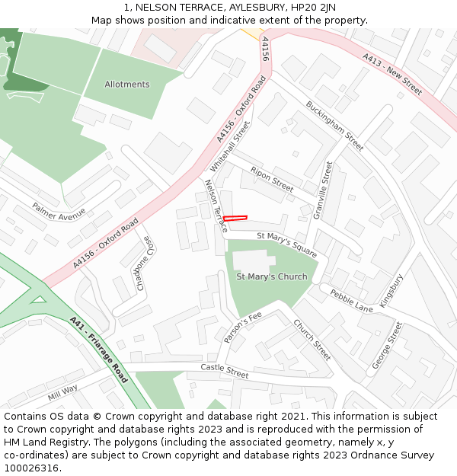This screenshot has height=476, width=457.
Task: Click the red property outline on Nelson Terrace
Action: (x=235, y=219)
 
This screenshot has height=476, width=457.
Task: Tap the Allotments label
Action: (x=127, y=85)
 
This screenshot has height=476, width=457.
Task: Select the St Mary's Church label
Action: (x=272, y=276)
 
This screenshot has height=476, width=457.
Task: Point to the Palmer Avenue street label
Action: (x=59, y=209)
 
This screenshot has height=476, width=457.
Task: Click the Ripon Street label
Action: (x=272, y=180)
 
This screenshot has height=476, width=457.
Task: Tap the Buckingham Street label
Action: (x=335, y=126)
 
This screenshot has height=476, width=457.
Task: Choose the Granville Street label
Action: (x=324, y=190)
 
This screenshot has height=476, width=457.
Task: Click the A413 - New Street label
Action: (x=392, y=74)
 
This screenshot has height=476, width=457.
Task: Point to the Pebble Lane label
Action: (x=351, y=300)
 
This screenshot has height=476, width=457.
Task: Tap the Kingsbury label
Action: (x=391, y=290)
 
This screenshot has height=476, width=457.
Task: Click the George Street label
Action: (x=386, y=346)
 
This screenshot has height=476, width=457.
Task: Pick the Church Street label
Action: (x=312, y=340)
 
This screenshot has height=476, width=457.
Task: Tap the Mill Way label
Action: (x=62, y=392)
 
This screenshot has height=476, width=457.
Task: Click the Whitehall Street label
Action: (x=230, y=145)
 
